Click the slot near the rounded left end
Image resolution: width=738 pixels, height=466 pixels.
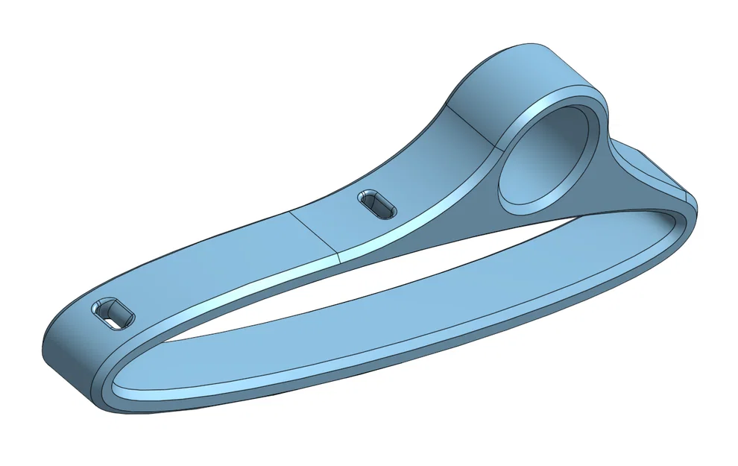tap(113, 313)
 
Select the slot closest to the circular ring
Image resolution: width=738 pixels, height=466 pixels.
tap(378, 204)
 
